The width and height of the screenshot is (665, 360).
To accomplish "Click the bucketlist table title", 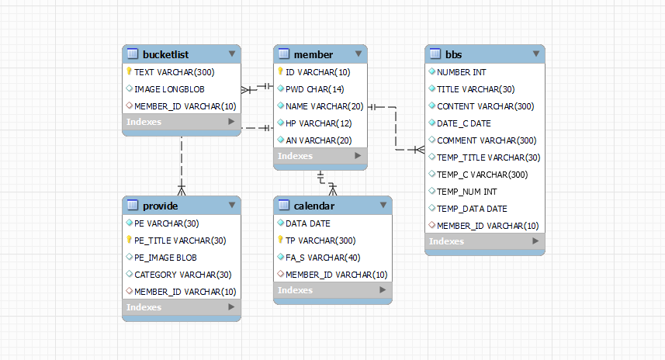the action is tap(165, 54).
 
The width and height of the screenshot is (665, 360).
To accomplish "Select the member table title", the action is tap(313, 54).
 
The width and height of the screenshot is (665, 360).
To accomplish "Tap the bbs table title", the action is tap(453, 54).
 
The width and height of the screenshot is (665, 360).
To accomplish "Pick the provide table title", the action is tap(160, 206).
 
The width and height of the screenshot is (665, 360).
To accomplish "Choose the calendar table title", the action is tap(313, 206).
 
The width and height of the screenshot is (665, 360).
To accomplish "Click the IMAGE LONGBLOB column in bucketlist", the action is tap(169, 89).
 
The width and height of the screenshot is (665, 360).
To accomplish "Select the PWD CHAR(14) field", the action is tap(315, 89).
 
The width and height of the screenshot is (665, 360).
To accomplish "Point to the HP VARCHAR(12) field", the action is tap(318, 123).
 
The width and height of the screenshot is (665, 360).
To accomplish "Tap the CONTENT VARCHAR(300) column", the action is tap(485, 106).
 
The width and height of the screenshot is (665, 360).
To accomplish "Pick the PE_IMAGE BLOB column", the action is tap(165, 258).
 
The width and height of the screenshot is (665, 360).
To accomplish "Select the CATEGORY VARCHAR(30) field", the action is tap(183, 275).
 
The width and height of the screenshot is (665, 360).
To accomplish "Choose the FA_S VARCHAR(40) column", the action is tap(323, 258).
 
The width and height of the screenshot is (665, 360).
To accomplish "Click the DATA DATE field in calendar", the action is tap(307, 223).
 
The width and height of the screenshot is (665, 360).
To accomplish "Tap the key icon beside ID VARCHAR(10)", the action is tap(280, 71).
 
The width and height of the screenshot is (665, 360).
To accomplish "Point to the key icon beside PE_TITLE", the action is tap(129, 240).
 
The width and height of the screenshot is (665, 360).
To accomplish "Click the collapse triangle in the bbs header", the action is tap(536, 54).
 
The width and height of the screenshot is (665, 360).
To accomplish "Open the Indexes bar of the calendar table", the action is tap(333, 290).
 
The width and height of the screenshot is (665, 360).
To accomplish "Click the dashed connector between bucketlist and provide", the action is tap(182, 166).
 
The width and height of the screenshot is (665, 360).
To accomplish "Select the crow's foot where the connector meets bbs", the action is tap(420, 149).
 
